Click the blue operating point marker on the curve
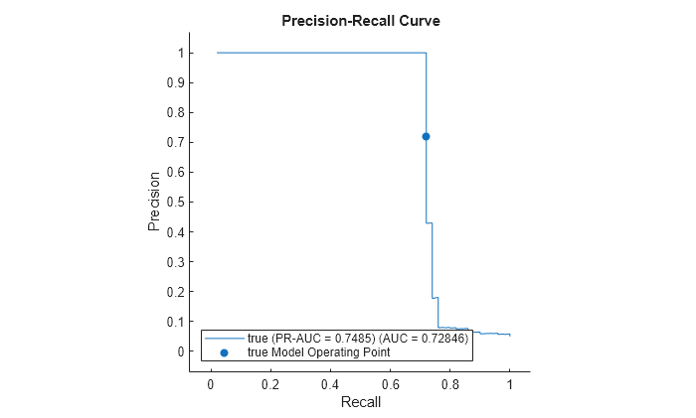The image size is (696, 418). point(426,136)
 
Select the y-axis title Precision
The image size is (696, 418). point(154,202)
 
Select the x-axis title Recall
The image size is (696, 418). point(360,402)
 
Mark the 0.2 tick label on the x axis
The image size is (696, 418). point(270,384)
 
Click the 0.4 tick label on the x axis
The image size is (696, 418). point(330,384)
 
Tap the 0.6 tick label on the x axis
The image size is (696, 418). point(390,384)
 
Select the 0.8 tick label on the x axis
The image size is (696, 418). point(449,384)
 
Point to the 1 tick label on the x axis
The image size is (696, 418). point(509,384)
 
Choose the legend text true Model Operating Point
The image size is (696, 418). point(318,351)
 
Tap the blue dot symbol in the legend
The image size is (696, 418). point(224,351)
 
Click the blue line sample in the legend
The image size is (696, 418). point(224,339)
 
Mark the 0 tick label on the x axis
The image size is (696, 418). point(211,384)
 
